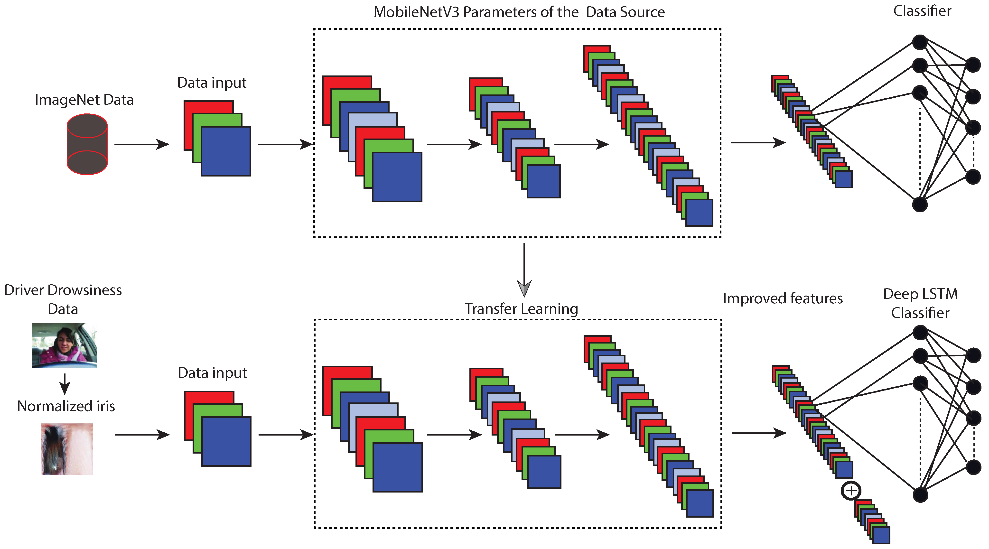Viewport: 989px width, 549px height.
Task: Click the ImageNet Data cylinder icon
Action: click(87, 144)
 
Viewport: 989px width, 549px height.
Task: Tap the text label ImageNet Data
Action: click(84, 100)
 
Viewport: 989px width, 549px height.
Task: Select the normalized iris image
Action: click(67, 449)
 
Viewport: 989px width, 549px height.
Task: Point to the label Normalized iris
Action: click(66, 406)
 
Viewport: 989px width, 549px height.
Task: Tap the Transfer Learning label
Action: click(521, 309)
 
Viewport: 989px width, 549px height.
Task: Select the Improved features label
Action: click(783, 298)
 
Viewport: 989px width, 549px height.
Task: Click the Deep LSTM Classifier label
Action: click(920, 303)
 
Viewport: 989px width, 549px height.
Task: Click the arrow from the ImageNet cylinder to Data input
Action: click(142, 144)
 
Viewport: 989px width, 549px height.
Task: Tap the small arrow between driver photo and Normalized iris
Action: click(65, 383)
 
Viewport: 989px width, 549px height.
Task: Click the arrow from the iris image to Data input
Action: click(142, 435)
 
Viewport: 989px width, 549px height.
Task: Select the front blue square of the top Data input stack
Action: click(226, 151)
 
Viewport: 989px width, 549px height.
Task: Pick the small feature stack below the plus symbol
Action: click(873, 521)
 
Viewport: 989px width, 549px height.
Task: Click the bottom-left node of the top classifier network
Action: click(920, 204)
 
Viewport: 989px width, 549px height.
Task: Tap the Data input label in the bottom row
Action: click(212, 373)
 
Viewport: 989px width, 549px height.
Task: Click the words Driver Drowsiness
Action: click(63, 290)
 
